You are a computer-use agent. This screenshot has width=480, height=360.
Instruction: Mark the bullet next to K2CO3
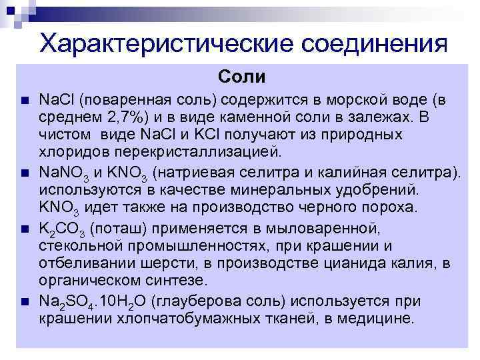click(x=25, y=229)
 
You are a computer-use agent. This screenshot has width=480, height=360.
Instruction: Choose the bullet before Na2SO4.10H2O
click(x=25, y=301)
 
